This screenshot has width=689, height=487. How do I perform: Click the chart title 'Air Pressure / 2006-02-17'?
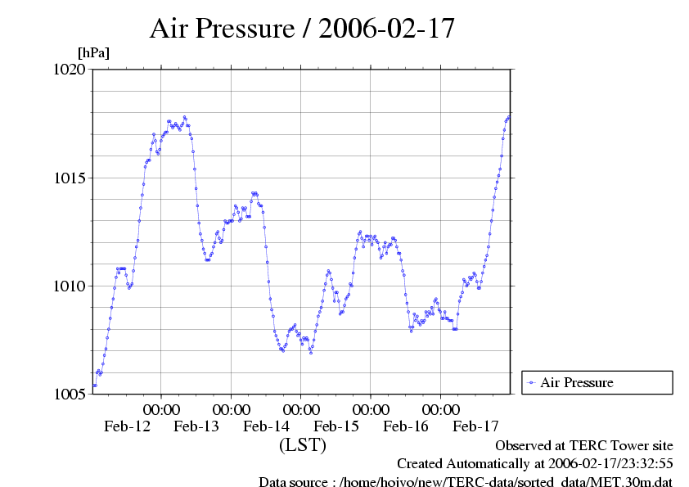pyautogui.click(x=302, y=29)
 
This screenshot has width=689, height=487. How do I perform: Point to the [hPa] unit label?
pyautogui.click(x=93, y=52)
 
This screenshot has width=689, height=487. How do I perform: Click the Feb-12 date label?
pyautogui.click(x=127, y=426)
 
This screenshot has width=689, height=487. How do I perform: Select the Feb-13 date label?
pyautogui.click(x=196, y=426)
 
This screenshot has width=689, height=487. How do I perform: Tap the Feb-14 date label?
pyautogui.click(x=266, y=426)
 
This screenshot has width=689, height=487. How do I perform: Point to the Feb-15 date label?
pyautogui.click(x=336, y=426)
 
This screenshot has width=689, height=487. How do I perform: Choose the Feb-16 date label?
pyautogui.click(x=406, y=426)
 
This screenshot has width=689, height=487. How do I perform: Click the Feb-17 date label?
pyautogui.click(x=475, y=426)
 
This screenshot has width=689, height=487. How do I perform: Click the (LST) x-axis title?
pyautogui.click(x=302, y=446)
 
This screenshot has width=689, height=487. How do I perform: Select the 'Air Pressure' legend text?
pyautogui.click(x=577, y=382)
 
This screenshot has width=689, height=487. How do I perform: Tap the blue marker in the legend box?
pyautogui.click(x=531, y=382)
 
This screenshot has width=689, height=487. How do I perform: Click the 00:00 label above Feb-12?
pyautogui.click(x=161, y=408)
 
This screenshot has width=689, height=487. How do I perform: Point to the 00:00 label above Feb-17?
pyautogui.click(x=440, y=408)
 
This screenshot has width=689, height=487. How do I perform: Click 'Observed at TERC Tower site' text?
pyautogui.click(x=584, y=445)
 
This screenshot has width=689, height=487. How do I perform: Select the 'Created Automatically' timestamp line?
pyautogui.click(x=534, y=463)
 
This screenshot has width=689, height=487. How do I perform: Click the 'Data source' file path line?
pyautogui.click(x=465, y=481)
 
